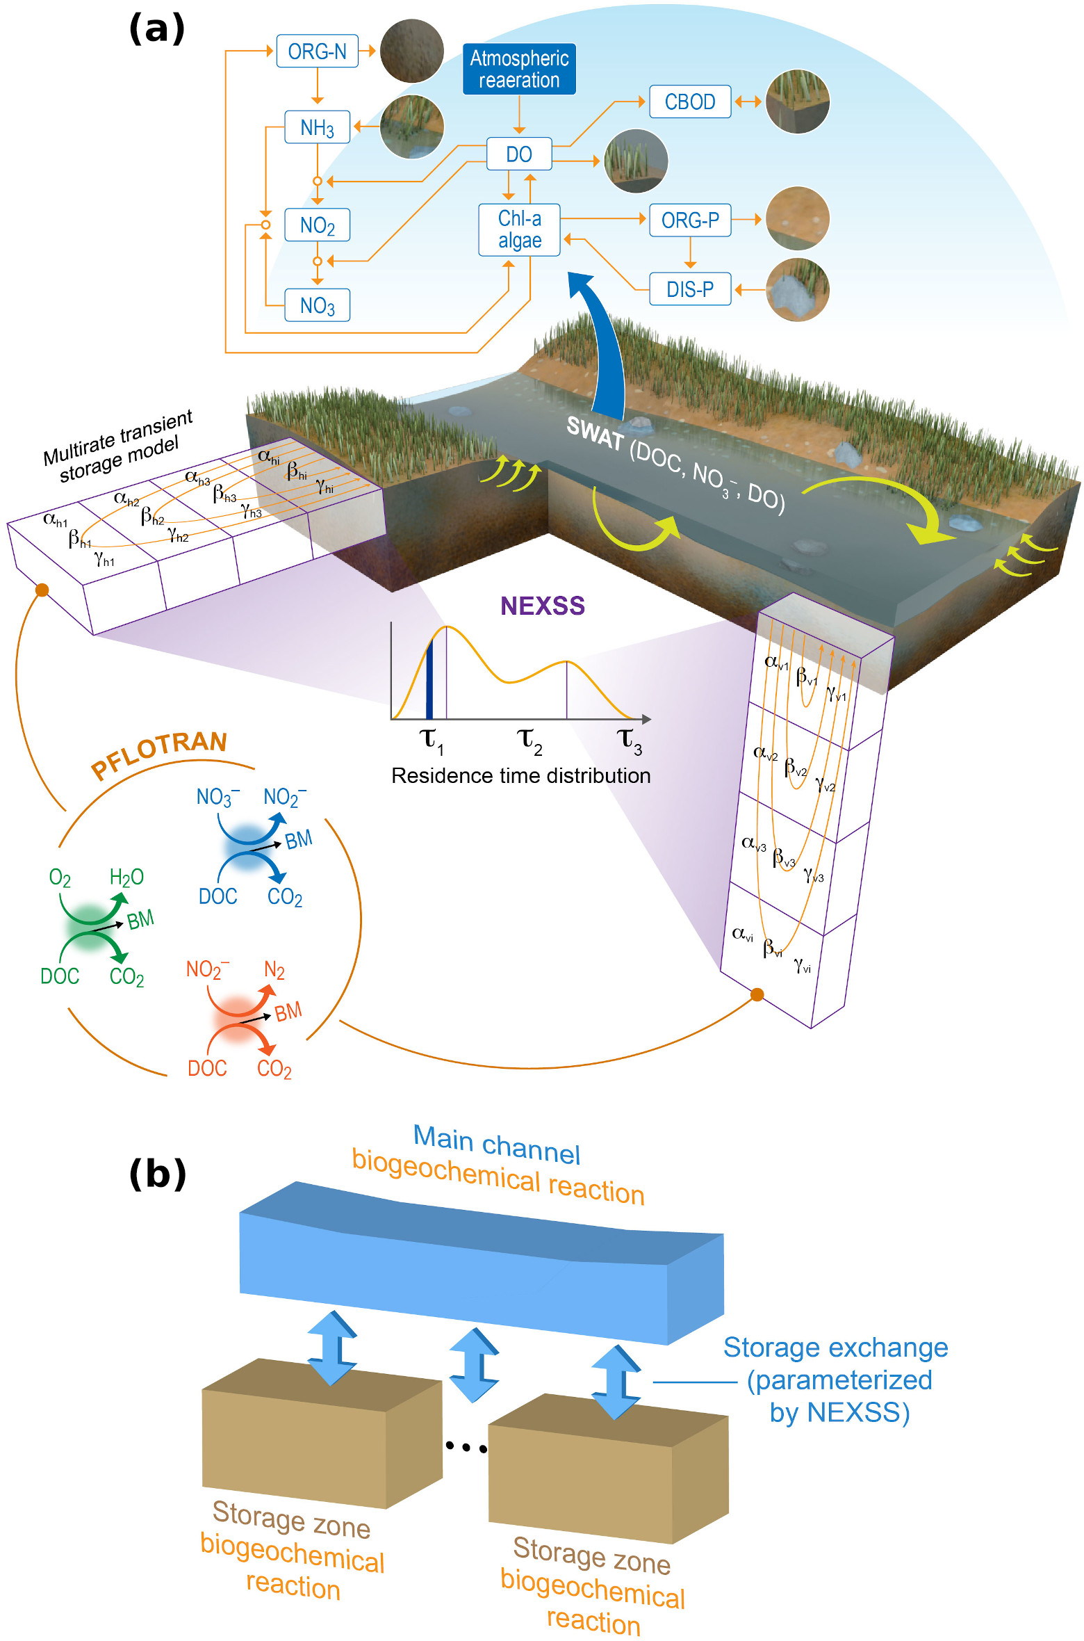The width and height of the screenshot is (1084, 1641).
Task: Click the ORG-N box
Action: pos(317,51)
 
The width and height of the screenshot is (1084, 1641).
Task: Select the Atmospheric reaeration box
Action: pos(519,69)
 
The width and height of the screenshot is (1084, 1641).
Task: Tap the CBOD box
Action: pos(689,102)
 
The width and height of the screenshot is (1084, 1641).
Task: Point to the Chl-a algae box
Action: pos(519,229)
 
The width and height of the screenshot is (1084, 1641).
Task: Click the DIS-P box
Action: pos(689,289)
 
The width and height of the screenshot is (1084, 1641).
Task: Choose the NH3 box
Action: pos(317,127)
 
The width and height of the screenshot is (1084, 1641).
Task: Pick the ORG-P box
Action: pos(689,220)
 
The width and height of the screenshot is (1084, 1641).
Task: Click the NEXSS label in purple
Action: pos(542,606)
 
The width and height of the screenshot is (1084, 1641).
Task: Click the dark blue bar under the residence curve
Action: pos(429,679)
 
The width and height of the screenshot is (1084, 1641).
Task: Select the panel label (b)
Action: pos(158,1174)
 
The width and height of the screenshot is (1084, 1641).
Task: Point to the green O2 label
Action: pos(60,878)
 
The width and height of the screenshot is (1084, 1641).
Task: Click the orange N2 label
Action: pos(274,970)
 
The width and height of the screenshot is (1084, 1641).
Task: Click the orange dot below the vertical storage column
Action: pos(757,995)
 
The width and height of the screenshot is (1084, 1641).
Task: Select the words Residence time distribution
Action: pos(520,776)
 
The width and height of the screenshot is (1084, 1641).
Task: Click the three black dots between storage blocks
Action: pos(466,1447)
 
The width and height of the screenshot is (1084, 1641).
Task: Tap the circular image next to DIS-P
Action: pos(797,289)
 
